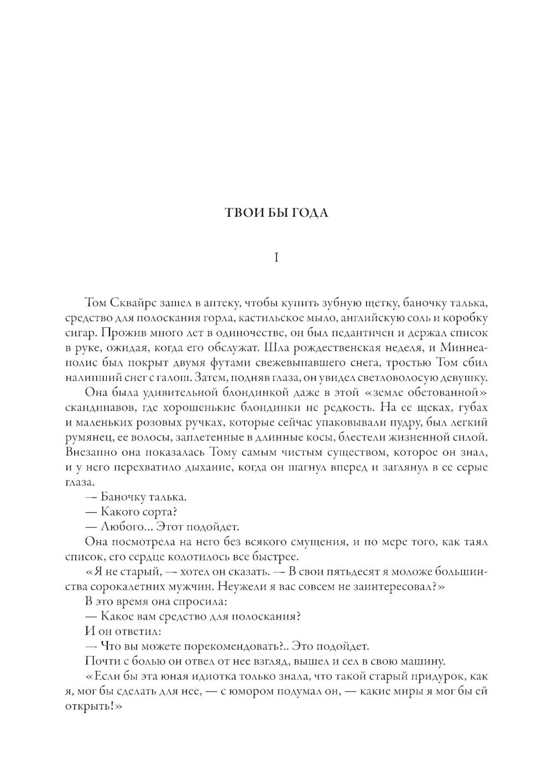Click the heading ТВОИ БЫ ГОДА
[x=276, y=213]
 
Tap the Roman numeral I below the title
[x=276, y=258]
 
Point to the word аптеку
[x=220, y=303]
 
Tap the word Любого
[x=124, y=527]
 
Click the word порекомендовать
[x=226, y=647]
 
